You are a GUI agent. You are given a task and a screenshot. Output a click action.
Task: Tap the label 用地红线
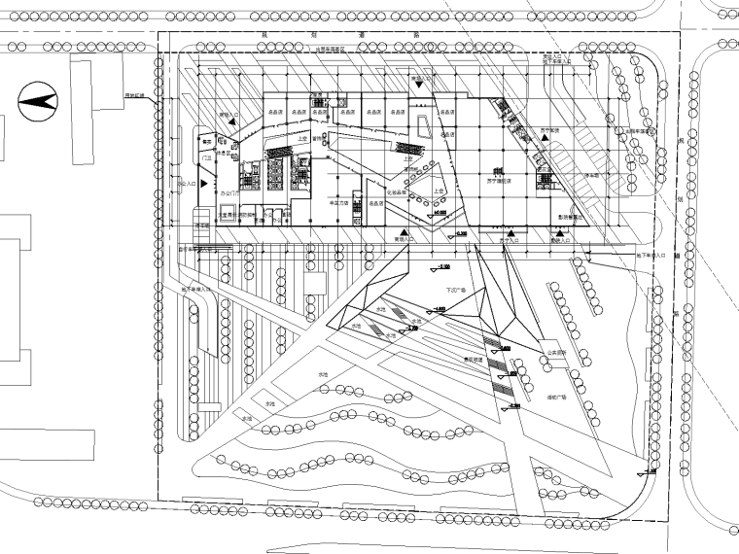coord(134,94)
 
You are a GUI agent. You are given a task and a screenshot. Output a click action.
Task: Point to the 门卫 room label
coord(206,156)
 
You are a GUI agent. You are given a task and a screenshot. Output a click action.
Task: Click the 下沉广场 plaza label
coord(457,289)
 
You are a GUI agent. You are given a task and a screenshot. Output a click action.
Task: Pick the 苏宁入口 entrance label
coord(506,238)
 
